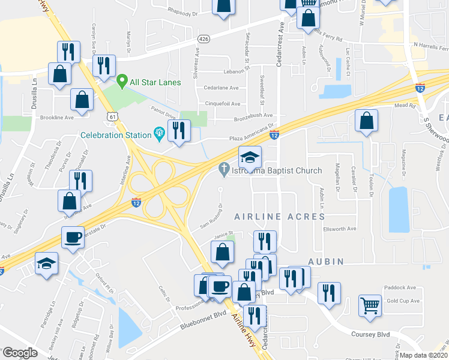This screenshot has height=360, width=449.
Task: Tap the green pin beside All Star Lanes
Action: pos(122,79)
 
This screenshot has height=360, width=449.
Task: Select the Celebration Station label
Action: pos(116,135)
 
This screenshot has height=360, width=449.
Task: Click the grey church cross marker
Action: pos(224,170)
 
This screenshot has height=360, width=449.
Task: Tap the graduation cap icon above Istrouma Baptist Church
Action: pos(250,157)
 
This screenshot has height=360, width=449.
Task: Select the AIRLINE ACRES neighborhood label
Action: pos(279,216)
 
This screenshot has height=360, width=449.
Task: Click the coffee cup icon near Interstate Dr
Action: pos(73,238)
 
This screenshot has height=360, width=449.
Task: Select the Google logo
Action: pos(20,353)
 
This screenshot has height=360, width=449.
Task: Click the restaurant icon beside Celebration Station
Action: pos(178,131)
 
